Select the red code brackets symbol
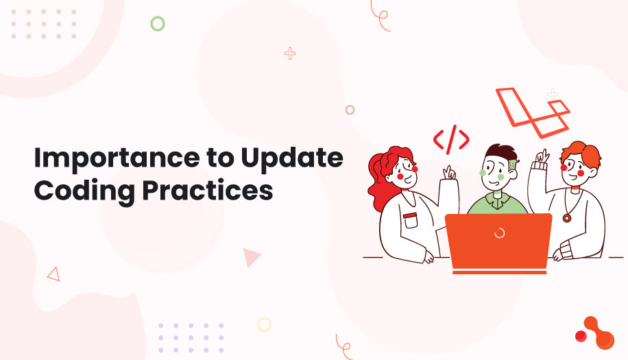451,140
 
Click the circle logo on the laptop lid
499,233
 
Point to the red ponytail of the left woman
375,175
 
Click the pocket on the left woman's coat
410,221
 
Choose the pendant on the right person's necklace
566,218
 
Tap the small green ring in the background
158,24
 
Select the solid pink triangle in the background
251,257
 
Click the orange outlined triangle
53,274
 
